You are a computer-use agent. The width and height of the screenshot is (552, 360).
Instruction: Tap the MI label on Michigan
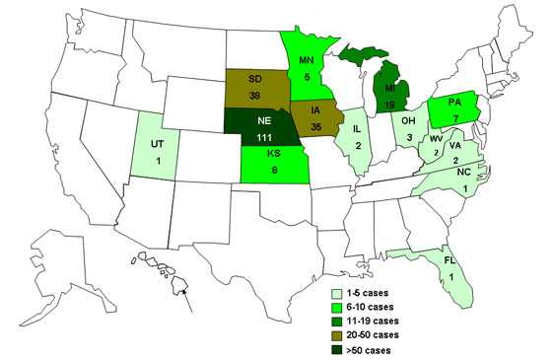tap(389, 88)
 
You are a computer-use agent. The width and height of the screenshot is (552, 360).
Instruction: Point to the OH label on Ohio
tap(405, 123)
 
